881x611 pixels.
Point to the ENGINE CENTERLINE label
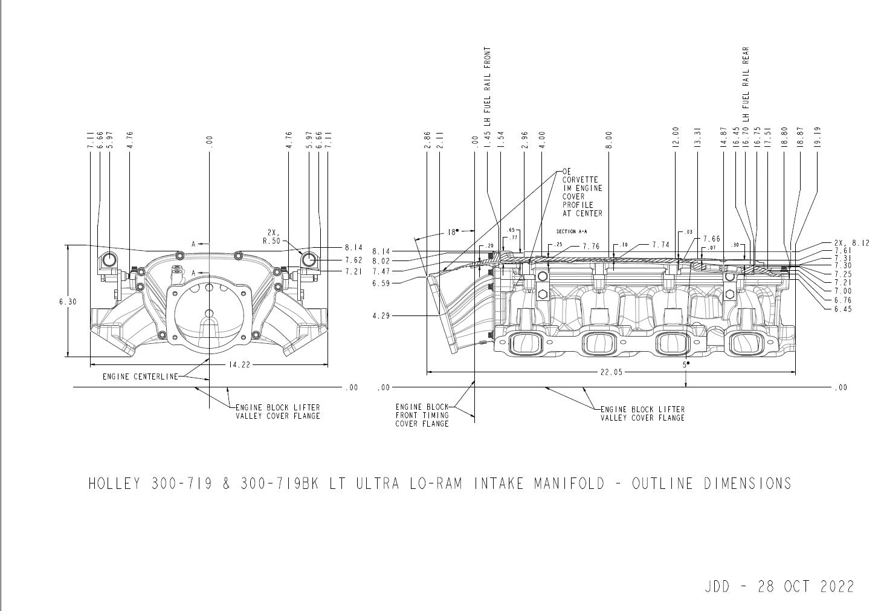[140, 377]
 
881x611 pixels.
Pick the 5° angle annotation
[686, 365]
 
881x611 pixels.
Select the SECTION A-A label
[572, 231]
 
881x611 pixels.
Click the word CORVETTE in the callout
[580, 180]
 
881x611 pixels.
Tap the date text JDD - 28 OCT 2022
[779, 586]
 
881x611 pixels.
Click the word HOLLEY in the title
[115, 483]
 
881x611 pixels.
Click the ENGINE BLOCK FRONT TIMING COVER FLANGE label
[422, 415]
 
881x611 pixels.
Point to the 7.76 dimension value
[592, 246]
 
